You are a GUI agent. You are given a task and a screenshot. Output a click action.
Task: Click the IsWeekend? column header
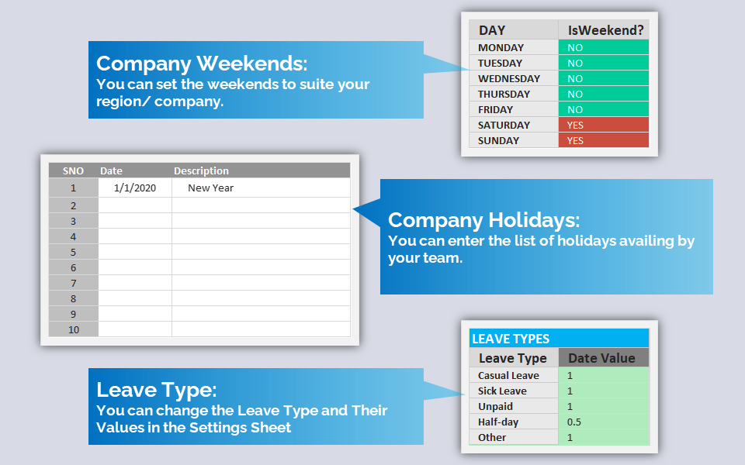[604, 30]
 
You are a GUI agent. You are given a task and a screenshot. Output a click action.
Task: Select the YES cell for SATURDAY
[604, 125]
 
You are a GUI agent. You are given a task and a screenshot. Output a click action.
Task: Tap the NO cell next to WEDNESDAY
[604, 78]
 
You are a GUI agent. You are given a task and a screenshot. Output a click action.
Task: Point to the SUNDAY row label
[498, 140]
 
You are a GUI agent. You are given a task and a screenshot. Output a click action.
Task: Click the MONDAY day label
[501, 47]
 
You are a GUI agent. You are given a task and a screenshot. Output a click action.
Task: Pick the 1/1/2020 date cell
[135, 188]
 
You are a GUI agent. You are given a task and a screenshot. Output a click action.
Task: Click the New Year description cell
[261, 188]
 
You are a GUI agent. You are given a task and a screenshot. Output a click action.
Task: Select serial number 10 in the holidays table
[74, 330]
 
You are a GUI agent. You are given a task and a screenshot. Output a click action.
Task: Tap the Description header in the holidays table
[201, 170]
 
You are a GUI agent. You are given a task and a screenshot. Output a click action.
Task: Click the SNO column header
[73, 170]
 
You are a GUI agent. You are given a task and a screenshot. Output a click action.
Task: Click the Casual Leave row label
[508, 375]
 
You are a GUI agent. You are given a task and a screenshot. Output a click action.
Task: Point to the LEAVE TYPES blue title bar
[559, 339]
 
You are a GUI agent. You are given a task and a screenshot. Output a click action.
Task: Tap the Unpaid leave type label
[495, 407]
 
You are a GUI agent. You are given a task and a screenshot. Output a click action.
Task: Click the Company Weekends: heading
[202, 64]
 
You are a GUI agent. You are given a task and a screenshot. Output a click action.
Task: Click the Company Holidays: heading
[483, 220]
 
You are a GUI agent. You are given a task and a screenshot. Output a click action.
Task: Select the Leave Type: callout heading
[156, 390]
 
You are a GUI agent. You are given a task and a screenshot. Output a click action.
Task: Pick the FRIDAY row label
[496, 109]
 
